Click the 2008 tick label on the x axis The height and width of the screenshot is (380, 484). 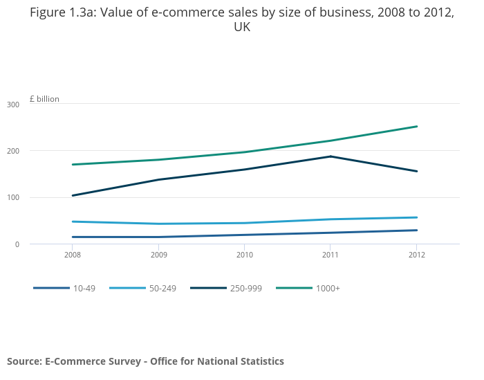[x=73, y=255]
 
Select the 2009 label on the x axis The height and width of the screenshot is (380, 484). [x=158, y=255]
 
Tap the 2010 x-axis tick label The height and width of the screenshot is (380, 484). [x=244, y=255]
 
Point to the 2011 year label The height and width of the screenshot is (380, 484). [x=331, y=255]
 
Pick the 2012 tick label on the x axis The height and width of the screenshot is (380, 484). [x=416, y=255]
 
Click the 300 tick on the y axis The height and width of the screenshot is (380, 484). [x=12, y=105]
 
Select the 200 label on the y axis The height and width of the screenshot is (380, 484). [x=12, y=151]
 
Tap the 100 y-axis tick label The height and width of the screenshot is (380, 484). [x=12, y=198]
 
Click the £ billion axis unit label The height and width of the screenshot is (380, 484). [x=44, y=99]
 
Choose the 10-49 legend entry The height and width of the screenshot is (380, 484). [x=84, y=288]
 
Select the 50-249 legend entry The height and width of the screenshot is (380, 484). [x=162, y=288]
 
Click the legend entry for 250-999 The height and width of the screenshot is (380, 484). [x=245, y=288]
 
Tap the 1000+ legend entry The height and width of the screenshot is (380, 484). [x=328, y=288]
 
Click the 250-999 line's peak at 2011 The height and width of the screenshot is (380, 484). [x=331, y=156]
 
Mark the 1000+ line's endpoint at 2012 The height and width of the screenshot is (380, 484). [x=416, y=127]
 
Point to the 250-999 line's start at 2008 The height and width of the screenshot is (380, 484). [x=73, y=195]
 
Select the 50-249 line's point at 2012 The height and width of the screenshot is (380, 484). [x=416, y=217]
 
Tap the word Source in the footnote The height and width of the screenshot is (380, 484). [x=24, y=361]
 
